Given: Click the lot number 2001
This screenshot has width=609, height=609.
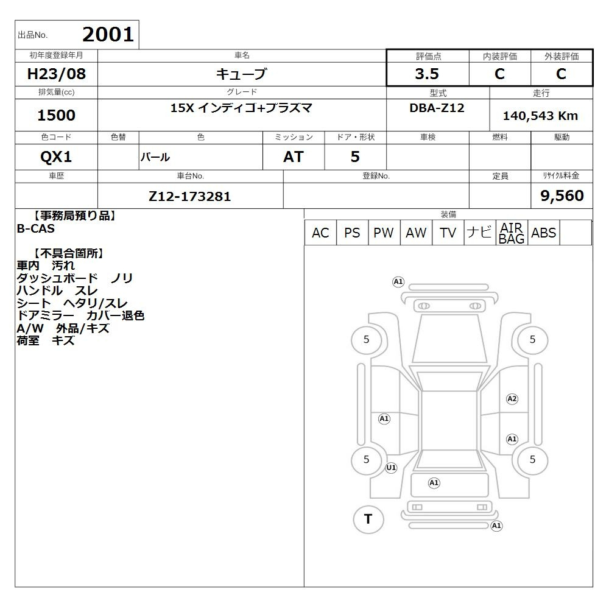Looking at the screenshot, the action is coord(108,35).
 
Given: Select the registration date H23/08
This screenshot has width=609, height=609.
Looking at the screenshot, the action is coord(56,74).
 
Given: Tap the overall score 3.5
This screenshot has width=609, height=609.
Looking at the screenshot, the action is coord(427,74).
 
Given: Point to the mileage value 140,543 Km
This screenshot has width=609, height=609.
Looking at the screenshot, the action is coord(540,116).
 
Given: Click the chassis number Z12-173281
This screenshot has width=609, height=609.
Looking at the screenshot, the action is coord(190,197).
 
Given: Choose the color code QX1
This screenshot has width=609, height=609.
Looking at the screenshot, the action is coord(56,157).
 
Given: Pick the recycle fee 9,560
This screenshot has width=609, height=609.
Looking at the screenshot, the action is coord(562,195).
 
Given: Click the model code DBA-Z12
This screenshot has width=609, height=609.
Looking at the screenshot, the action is coord(437,108).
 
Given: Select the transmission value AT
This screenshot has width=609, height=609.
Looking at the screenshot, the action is coord(294,157).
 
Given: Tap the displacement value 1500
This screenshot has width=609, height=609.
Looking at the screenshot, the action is coord(56,115).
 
